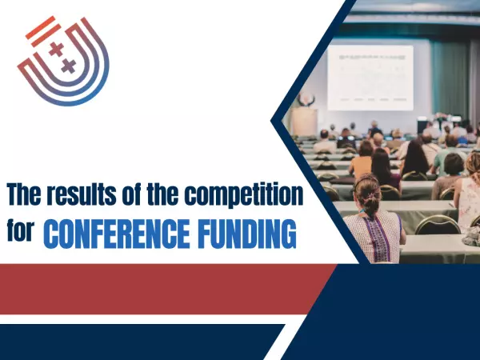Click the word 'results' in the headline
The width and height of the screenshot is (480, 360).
pos(73,194)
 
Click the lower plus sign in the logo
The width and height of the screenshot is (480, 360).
pos(68,66)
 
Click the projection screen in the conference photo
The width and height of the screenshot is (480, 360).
pos(370,77)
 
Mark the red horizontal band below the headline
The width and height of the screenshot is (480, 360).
pos(160,288)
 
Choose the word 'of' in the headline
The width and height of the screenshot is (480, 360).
pos(124,194)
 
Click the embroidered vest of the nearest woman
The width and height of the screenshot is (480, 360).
pos(371,235)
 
